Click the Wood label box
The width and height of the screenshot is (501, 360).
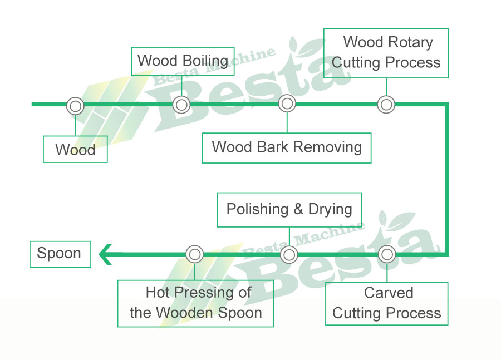coord(75,150)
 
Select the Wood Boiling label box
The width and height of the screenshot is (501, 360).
coord(183,61)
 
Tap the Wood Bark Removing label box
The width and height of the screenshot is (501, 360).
coord(287,147)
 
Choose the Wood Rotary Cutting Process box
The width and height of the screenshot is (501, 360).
coord(386,53)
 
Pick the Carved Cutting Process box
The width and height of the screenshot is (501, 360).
coord(387,303)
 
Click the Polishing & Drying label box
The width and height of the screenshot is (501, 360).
coord(289,210)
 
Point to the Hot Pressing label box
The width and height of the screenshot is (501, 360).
coord(195,303)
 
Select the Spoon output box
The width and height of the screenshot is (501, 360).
coord(60,254)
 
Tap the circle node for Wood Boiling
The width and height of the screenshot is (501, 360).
coord(181,104)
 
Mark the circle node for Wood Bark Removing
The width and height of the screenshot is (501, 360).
coord(287,103)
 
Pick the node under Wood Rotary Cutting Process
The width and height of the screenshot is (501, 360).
coord(386,104)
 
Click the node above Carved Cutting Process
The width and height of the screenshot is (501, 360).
coord(387,254)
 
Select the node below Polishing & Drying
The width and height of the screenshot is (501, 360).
coord(289,255)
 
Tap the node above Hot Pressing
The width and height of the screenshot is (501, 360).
coord(194,254)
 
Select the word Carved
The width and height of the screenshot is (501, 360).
coord(389,293)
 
